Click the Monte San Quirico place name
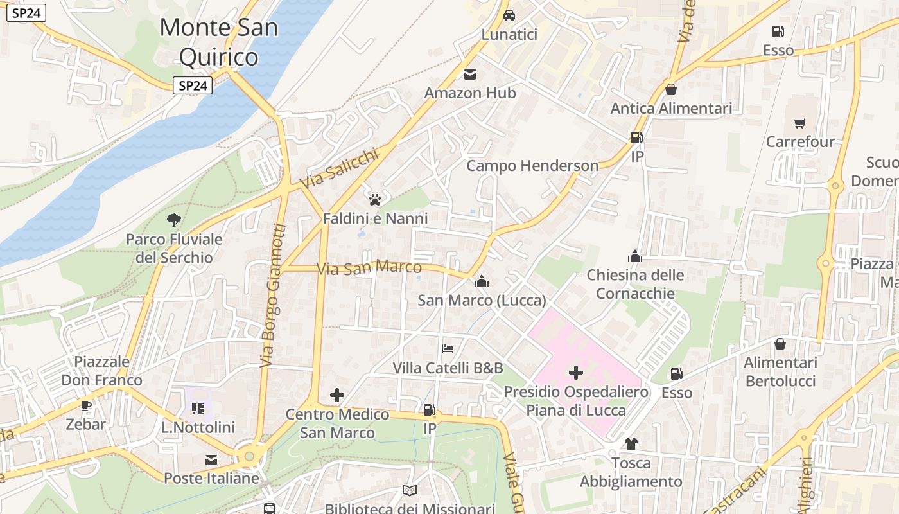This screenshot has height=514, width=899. pos(218,42)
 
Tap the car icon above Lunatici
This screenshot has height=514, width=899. pos(509,15)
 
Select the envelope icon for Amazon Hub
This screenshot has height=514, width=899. pos(470,75)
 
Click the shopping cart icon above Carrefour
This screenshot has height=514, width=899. pos(800,123)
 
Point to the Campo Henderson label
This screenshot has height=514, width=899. pos(532,166)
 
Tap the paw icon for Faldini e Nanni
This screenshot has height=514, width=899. pos(375,200)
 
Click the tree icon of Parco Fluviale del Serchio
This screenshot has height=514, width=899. pos(173,220)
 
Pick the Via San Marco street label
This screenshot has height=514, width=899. pos(369,267)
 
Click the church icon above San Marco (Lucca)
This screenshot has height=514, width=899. pos(482,281)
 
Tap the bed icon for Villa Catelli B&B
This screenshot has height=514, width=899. pos(448,349)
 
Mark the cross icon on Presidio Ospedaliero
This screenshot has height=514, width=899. pos(576,372)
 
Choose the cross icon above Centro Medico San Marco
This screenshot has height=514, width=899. pos(337,395)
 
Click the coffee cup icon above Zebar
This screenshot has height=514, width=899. pos(85,405)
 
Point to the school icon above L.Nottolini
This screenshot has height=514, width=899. pos(198,408)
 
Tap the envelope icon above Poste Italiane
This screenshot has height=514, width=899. pos(211,459)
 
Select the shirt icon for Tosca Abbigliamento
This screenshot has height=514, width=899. pos(631,443)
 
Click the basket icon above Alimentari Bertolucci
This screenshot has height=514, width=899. pos(780,344)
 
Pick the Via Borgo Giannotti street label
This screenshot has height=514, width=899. pos(273,296)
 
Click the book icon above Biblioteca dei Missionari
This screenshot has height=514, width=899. pos(410,490)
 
